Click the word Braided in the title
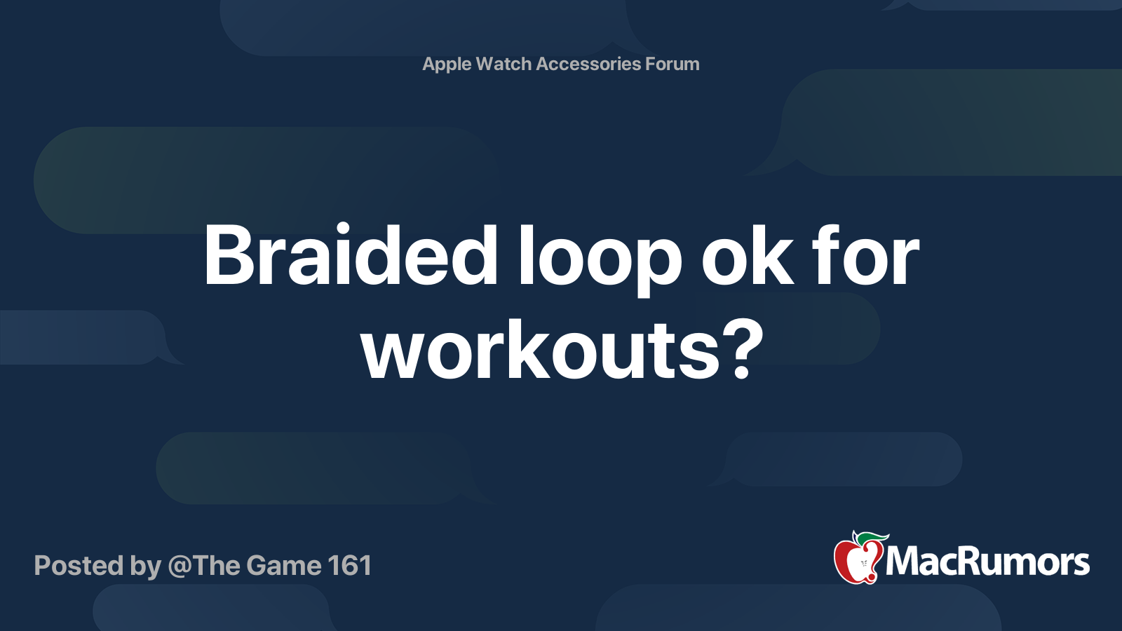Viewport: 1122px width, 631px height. pyautogui.click(x=351, y=255)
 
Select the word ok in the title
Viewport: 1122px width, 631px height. pyautogui.click(x=748, y=255)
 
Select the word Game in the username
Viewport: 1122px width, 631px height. pyautogui.click(x=283, y=565)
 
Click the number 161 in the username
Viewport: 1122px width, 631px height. pyautogui.click(x=350, y=565)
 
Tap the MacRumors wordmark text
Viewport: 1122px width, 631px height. pyautogui.click(x=987, y=562)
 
